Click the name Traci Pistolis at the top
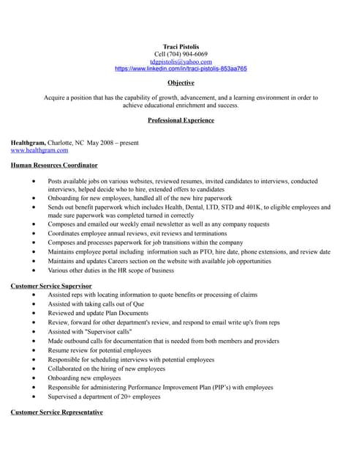181,46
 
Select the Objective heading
181,83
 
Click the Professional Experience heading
181,119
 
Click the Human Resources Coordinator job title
54,165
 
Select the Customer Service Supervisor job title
51,285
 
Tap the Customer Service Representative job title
56,413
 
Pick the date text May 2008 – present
113,142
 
